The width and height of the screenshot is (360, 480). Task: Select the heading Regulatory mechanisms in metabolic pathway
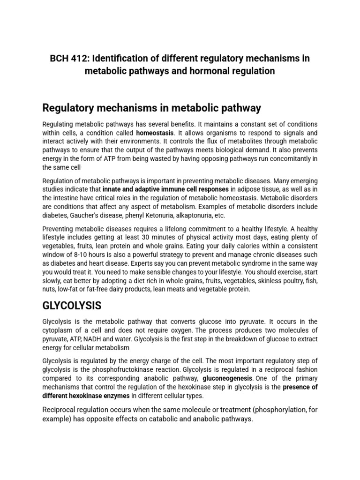151,108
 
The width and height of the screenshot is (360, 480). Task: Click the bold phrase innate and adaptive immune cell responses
165,189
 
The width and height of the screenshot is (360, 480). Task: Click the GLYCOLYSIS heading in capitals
72,306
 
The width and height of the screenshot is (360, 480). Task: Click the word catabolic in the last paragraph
145,419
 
